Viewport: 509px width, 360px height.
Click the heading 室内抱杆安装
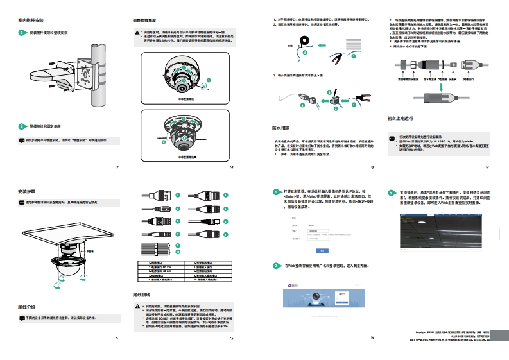tap(32, 21)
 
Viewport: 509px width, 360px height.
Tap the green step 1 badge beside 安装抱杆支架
tap(22, 32)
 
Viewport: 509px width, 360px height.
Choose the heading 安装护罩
tap(26, 191)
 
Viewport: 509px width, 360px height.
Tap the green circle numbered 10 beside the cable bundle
tap(178, 250)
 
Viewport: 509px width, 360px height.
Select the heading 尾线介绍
tap(26, 307)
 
